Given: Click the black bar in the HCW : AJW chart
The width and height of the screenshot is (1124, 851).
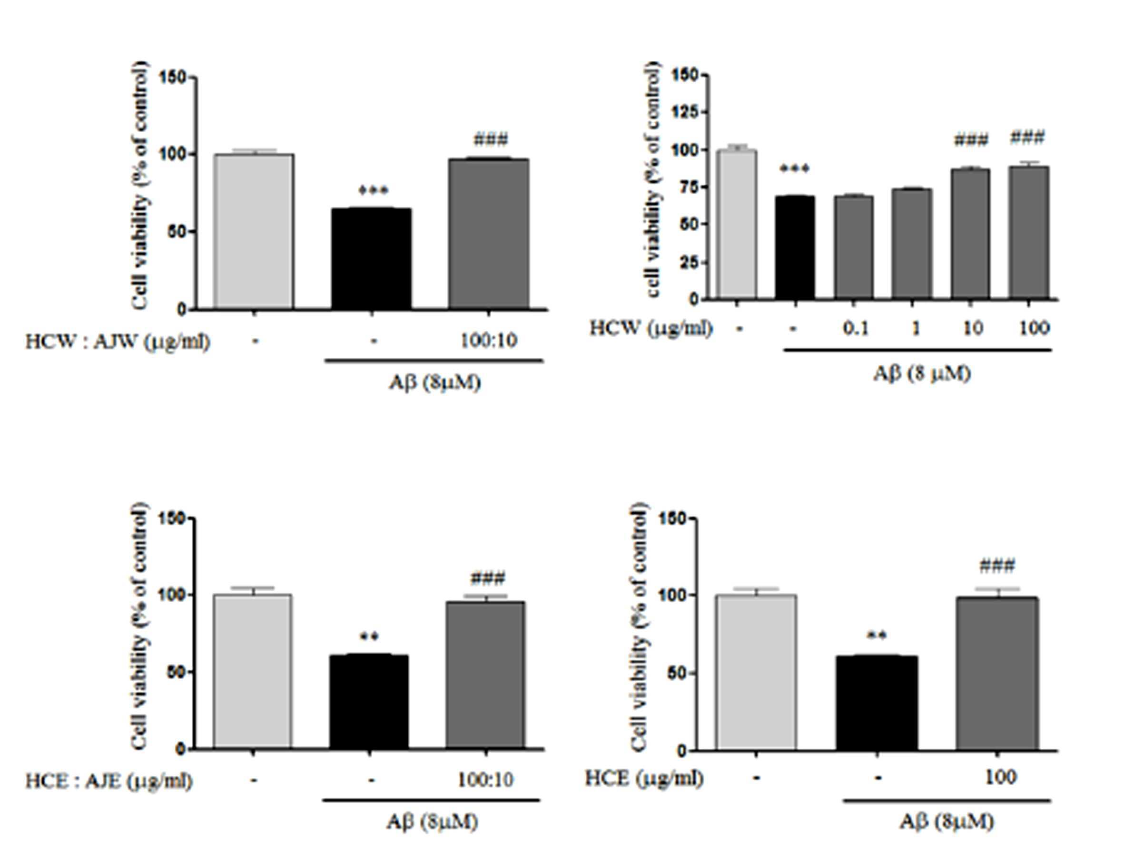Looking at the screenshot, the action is [x=372, y=259].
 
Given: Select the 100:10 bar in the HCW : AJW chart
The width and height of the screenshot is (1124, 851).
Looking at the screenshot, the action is [x=488, y=234].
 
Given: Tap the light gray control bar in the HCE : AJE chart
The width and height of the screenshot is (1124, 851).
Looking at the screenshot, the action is [x=253, y=672].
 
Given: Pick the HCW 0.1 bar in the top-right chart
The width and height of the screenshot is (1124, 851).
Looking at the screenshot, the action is [x=854, y=247].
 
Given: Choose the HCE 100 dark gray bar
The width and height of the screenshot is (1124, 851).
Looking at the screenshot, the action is [x=997, y=674].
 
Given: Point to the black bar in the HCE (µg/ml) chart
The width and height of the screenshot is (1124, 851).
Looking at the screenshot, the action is [x=877, y=703].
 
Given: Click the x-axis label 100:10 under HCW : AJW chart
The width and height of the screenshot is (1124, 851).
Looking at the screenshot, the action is [x=488, y=341].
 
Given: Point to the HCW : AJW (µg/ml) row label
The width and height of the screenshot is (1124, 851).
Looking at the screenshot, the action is [x=118, y=342].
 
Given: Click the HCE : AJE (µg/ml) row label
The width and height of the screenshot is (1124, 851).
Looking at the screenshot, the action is [x=109, y=781].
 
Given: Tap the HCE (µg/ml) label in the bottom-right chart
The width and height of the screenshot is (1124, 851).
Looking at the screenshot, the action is [x=644, y=778].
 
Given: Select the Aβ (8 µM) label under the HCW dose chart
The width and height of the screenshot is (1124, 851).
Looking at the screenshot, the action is [x=922, y=374].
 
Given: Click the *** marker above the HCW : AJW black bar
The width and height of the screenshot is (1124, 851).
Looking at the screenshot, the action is [x=373, y=191].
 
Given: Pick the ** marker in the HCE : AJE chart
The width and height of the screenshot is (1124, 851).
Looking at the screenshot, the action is [x=369, y=636].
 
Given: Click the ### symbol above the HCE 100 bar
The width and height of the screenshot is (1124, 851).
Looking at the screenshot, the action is [x=997, y=566].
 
